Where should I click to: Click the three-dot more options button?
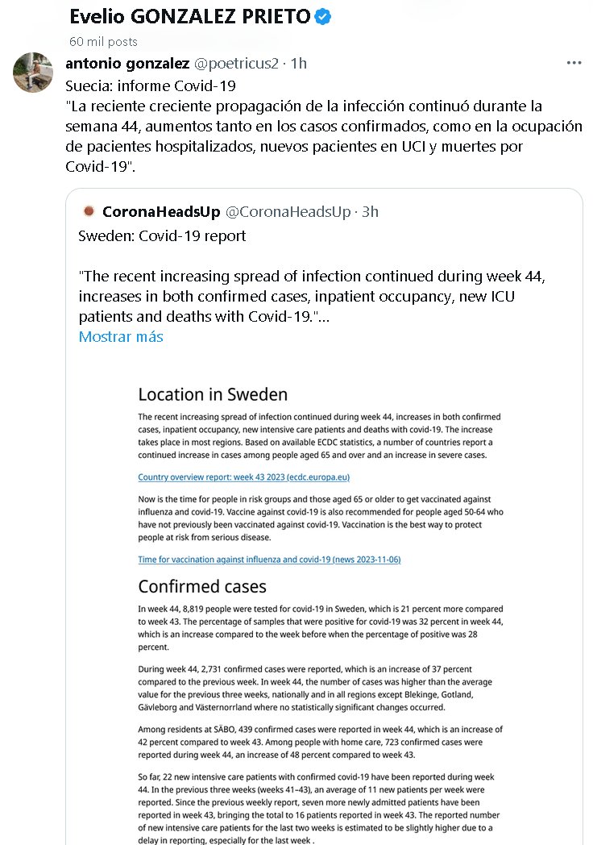pyautogui.click(x=574, y=63)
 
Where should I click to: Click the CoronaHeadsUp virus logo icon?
pyautogui.click(x=89, y=212)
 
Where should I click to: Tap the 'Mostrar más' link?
pyautogui.click(x=121, y=336)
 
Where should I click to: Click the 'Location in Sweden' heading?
pyautogui.click(x=213, y=394)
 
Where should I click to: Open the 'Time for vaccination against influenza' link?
pyautogui.click(x=269, y=560)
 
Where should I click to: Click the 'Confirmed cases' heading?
pyautogui.click(x=202, y=586)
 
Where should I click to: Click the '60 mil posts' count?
pyautogui.click(x=103, y=41)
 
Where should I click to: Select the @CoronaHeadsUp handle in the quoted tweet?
pyautogui.click(x=288, y=212)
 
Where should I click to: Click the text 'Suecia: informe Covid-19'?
pyautogui.click(x=150, y=85)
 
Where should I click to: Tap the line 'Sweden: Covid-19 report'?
pyautogui.click(x=162, y=236)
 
